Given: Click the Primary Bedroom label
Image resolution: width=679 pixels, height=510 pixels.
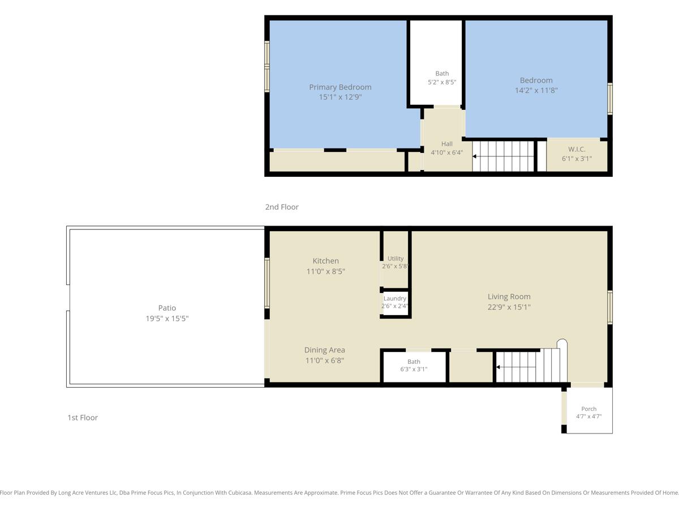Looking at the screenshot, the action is [340, 87].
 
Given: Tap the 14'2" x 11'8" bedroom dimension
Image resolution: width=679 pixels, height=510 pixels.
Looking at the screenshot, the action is [536, 91].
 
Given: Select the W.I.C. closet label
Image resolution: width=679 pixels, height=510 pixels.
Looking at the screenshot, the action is [577, 149].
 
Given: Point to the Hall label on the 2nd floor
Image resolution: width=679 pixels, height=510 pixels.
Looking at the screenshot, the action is [446, 144].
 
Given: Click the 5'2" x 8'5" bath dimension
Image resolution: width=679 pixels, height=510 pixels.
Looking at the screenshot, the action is [442, 82].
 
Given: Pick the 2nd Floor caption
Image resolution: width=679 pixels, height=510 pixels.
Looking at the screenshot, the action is [281, 207].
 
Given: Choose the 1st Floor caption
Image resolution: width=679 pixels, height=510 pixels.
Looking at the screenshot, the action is [83, 418].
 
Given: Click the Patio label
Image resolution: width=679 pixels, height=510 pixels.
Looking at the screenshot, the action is [167, 308].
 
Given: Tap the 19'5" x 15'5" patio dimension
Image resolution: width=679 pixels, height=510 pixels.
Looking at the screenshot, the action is [167, 318].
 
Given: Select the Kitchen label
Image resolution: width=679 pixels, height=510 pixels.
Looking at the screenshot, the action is [325, 261].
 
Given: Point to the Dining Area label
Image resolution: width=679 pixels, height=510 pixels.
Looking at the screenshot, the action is [324, 350].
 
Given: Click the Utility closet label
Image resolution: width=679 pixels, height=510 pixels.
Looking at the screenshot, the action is [396, 258].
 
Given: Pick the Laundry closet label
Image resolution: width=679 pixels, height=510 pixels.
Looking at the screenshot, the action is [395, 298].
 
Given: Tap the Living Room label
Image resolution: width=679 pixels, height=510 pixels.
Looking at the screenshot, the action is [509, 296].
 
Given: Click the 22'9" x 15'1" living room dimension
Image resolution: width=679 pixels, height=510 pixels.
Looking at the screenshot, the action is [509, 307].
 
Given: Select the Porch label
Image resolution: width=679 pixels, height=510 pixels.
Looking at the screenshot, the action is [588, 409].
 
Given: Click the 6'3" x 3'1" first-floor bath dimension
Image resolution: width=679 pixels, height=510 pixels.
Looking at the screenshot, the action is [414, 369].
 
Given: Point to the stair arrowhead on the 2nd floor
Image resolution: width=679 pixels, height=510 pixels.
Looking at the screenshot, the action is [474, 156].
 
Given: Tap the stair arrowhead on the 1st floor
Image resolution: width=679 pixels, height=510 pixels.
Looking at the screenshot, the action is [498, 367].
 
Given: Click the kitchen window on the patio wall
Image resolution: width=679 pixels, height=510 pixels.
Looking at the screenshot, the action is [267, 283].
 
